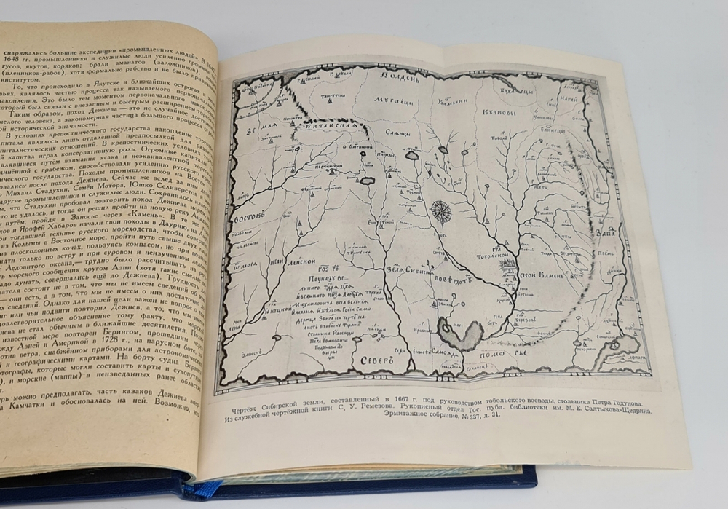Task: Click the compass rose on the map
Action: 440,212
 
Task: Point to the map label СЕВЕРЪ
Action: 375,362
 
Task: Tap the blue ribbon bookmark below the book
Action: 198,489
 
